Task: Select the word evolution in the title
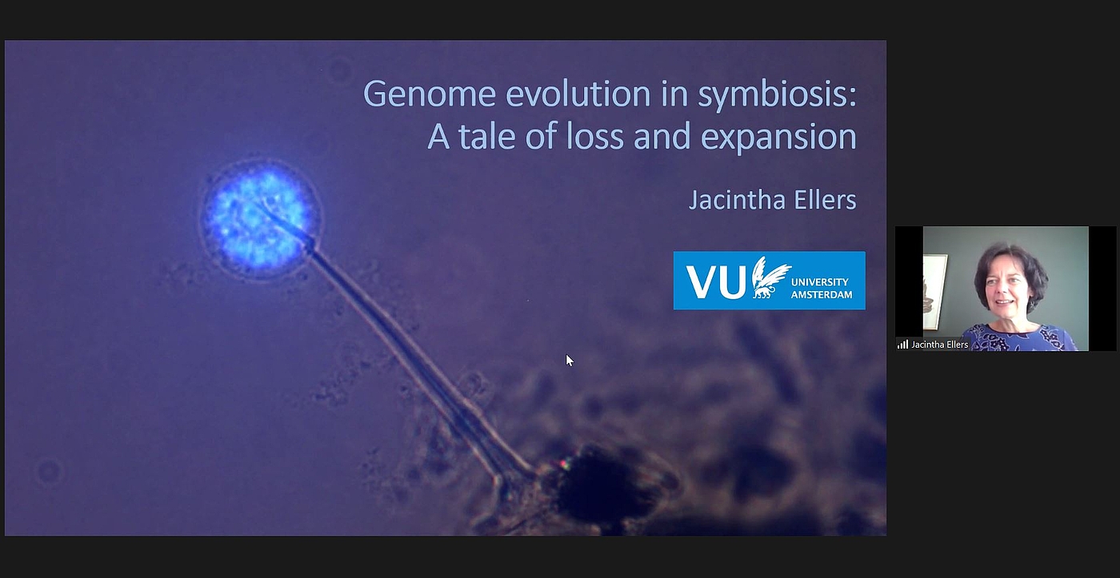click(x=578, y=94)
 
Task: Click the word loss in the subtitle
click(x=595, y=136)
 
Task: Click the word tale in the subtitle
click(x=486, y=137)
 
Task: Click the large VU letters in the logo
click(x=716, y=281)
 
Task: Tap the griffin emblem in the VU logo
click(x=770, y=277)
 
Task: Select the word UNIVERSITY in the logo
click(x=819, y=282)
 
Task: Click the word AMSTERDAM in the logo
click(x=822, y=295)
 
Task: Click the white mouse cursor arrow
click(x=570, y=361)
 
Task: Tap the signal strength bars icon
click(x=902, y=345)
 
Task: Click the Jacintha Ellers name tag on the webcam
click(x=939, y=345)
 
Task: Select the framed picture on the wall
click(x=934, y=292)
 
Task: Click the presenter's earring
click(x=1031, y=305)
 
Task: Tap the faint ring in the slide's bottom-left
click(x=49, y=471)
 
